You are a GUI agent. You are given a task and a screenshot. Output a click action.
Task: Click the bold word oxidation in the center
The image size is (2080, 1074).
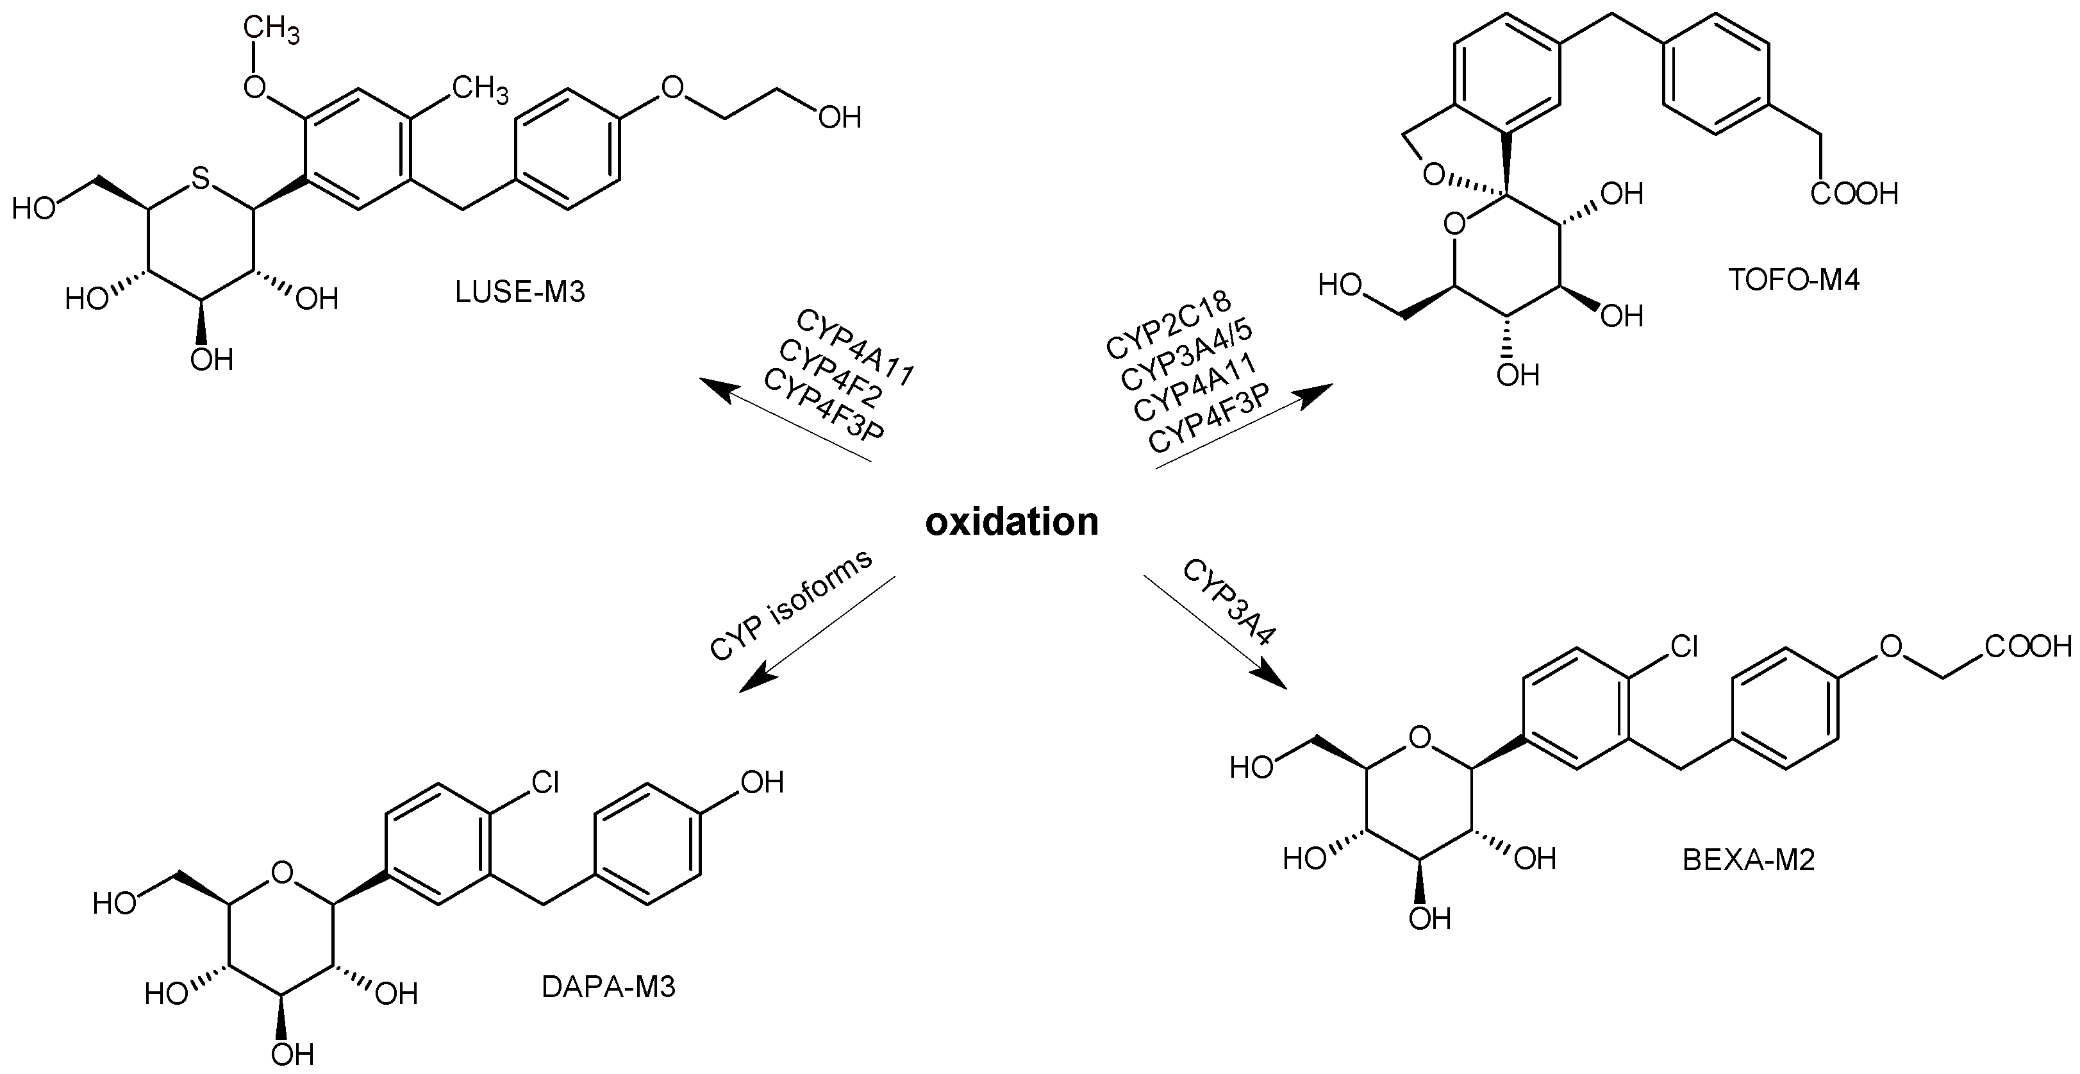click(x=1011, y=523)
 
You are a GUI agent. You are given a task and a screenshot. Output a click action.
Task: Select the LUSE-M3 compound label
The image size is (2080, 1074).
click(x=519, y=292)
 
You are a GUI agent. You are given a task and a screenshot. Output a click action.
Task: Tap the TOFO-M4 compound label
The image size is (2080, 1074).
click(x=1793, y=280)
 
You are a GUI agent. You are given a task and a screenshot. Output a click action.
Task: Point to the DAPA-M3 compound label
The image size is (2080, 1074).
click(x=608, y=987)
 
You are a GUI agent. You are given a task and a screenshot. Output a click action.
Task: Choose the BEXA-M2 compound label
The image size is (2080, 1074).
click(x=1748, y=860)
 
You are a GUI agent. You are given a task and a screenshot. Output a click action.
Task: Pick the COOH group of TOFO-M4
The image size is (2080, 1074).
click(x=1854, y=194)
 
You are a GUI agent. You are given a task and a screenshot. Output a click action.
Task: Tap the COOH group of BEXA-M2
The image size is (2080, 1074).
click(x=2027, y=646)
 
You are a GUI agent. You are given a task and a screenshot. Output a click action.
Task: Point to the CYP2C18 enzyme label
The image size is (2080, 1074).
click(x=1168, y=324)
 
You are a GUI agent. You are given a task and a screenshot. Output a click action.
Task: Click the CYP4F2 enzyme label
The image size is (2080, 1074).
click(x=831, y=374)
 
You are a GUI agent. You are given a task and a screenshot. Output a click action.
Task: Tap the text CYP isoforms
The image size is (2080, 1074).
click(x=792, y=606)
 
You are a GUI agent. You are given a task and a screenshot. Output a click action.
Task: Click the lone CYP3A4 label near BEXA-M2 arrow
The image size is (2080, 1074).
click(x=1228, y=601)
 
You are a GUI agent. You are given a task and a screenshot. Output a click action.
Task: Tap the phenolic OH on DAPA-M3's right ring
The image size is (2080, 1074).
click(x=762, y=782)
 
